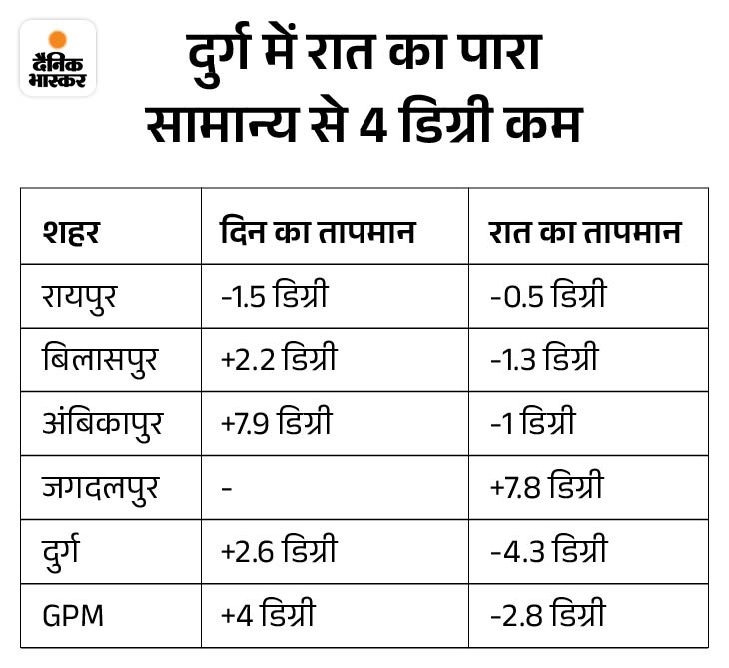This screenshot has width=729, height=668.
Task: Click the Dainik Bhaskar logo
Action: [58, 58]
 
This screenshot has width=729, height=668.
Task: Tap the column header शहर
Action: [71, 233]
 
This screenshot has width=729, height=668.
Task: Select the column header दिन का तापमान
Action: [317, 233]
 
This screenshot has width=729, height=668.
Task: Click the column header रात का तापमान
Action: [584, 233]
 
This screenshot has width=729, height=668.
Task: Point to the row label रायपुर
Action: [79, 297]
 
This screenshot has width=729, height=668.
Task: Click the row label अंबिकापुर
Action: [100, 422]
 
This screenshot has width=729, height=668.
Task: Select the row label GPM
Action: [73, 613]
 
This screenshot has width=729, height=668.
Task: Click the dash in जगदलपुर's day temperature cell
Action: [226, 488]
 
